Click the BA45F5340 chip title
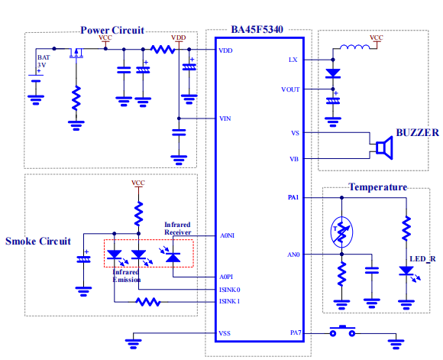pos(257,29)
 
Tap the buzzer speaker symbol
pos(384,148)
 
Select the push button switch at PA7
pos(342,332)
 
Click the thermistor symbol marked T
pos(341,232)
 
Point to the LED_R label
pos(422,259)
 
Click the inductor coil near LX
pos(354,47)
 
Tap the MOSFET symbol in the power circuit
pos(76,54)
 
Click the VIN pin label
pos(225,118)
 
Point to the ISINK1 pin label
pos(229,301)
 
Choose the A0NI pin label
pos(227,235)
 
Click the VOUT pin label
pos(290,89)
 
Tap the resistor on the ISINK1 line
pos(148,302)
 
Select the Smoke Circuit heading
pos(38,242)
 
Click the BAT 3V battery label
pos(44,61)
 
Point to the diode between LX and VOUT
pos(333,73)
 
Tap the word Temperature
pos(378,187)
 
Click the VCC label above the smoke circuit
pos(138,183)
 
